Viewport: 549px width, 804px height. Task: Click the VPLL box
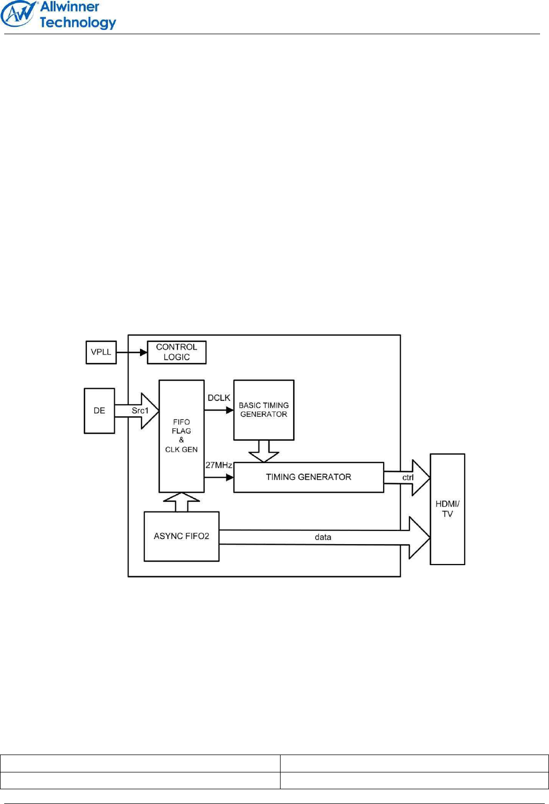[x=101, y=352]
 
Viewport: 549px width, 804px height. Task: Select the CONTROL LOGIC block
[x=176, y=352]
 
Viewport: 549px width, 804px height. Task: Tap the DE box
[x=99, y=410]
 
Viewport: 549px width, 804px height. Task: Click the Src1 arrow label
[x=140, y=410]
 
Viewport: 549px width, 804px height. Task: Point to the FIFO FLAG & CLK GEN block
[x=181, y=436]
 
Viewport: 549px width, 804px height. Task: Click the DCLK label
[x=219, y=398]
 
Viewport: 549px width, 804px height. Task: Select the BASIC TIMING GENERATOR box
[x=264, y=410]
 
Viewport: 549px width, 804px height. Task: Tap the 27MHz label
[x=218, y=465]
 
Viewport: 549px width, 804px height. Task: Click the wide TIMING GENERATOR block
[x=308, y=477]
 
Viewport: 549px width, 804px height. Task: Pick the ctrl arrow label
[x=408, y=478]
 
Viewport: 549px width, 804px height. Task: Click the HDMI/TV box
[x=447, y=509]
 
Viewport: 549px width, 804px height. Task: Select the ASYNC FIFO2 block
[x=182, y=536]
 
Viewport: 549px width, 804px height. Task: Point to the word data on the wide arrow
[x=323, y=537]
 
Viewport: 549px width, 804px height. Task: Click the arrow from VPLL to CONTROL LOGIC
[x=132, y=352]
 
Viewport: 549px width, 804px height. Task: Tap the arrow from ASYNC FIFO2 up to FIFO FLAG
[x=181, y=502]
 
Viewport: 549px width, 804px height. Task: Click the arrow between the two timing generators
[x=264, y=451]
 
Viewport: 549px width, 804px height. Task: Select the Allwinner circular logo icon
[x=19, y=14]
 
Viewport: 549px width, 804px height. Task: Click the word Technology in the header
[x=78, y=23]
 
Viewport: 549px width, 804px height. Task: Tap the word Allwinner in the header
[x=69, y=7]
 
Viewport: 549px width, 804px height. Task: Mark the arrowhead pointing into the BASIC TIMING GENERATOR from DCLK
[x=230, y=410]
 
